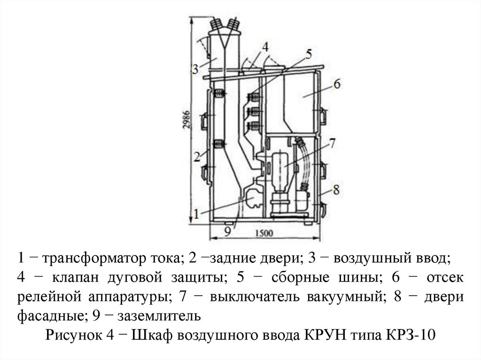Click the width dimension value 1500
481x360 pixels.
click(x=266, y=233)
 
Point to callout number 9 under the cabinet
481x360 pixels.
click(x=227, y=230)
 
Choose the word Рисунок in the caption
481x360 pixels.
click(x=71, y=336)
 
